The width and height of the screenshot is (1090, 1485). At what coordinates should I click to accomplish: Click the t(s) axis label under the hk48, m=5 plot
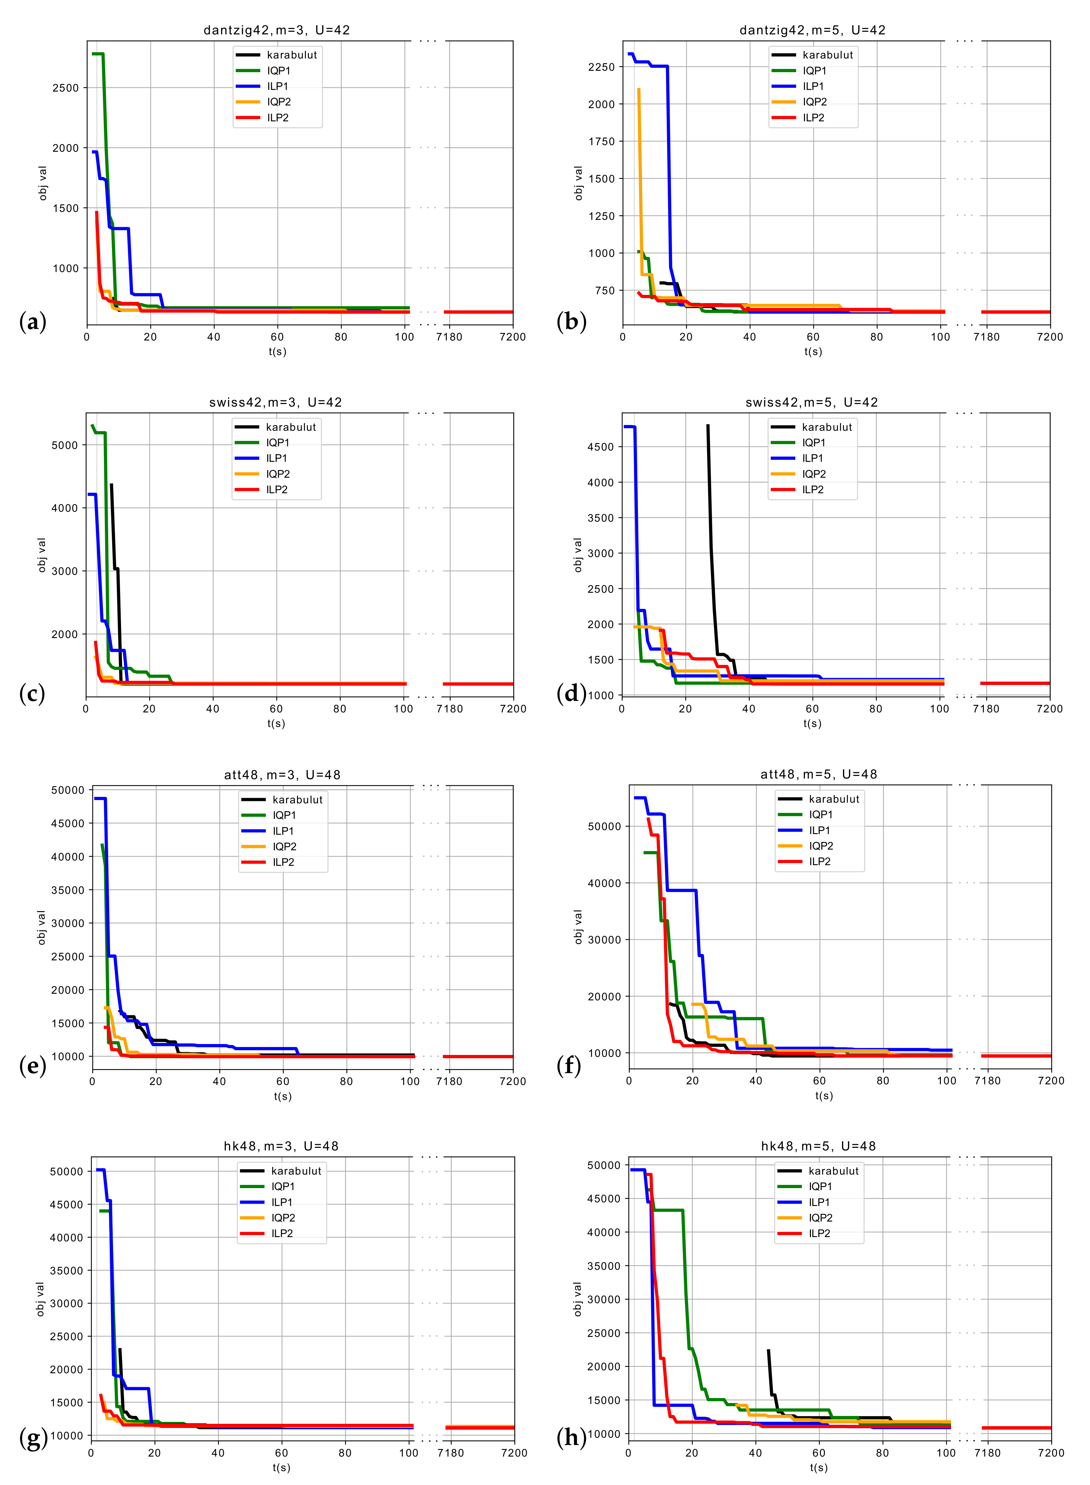[818, 1467]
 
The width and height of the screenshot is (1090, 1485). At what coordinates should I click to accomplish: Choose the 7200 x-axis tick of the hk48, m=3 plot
[514, 1453]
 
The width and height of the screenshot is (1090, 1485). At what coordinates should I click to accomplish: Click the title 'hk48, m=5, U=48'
[818, 1146]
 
